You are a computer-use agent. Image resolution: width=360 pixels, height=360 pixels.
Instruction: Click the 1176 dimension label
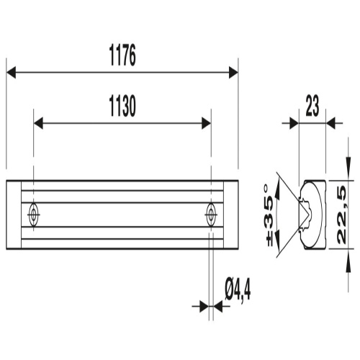pyautogui.click(x=122, y=55)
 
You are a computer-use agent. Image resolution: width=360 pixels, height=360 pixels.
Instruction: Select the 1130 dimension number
pyautogui.click(x=122, y=106)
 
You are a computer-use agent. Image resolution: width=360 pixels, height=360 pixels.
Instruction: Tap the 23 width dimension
pyautogui.click(x=312, y=106)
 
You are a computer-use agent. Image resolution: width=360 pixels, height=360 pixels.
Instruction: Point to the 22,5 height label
pyautogui.click(x=342, y=215)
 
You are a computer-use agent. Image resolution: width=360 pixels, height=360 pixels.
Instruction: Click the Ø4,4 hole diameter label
pyautogui.click(x=238, y=289)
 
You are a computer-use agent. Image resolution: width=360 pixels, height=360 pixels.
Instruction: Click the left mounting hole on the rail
pyautogui.click(x=33, y=215)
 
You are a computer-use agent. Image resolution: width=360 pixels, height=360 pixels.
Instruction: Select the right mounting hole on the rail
pyautogui.click(x=211, y=215)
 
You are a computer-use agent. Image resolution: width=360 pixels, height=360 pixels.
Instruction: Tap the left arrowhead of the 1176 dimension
pyautogui.click(x=11, y=73)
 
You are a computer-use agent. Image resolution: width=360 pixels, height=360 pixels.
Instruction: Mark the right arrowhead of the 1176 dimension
pyautogui.click(x=233, y=73)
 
